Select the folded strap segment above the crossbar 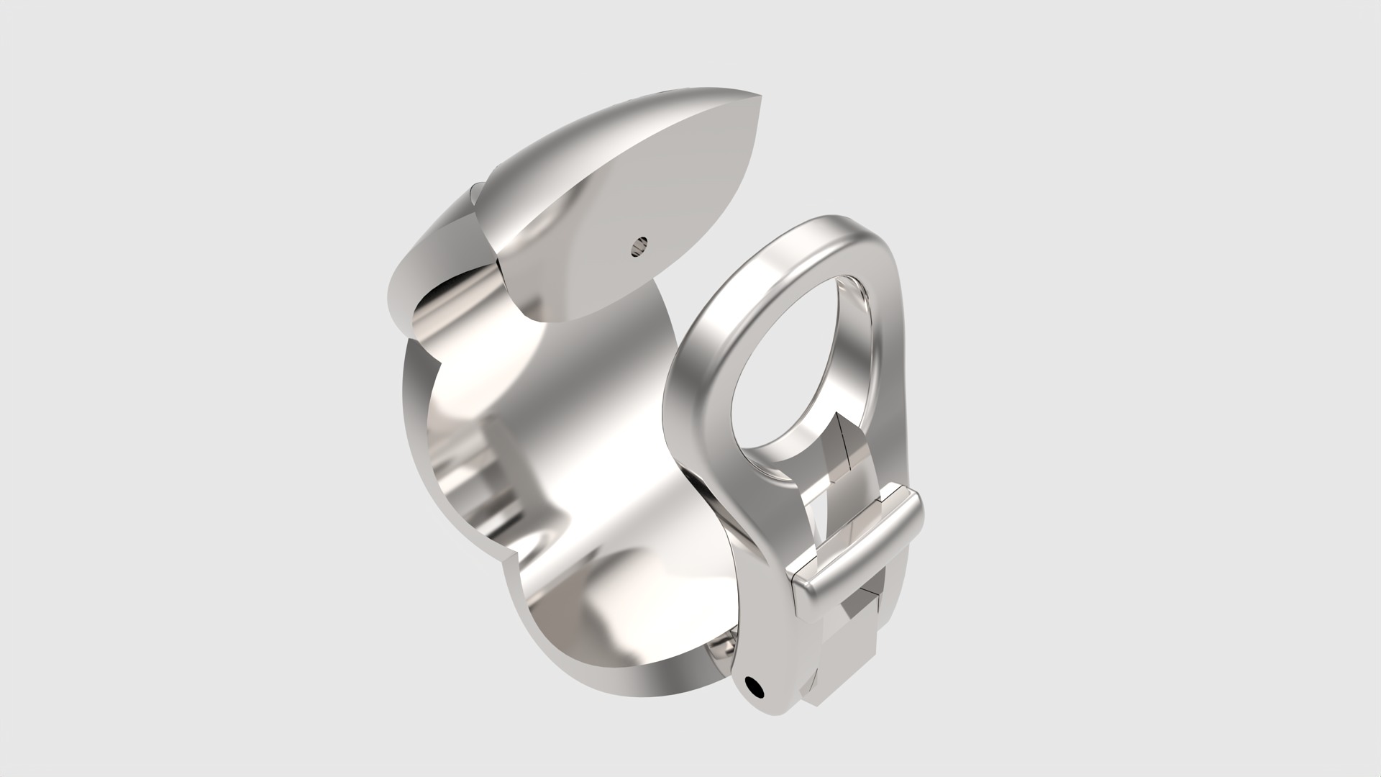click(849, 460)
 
